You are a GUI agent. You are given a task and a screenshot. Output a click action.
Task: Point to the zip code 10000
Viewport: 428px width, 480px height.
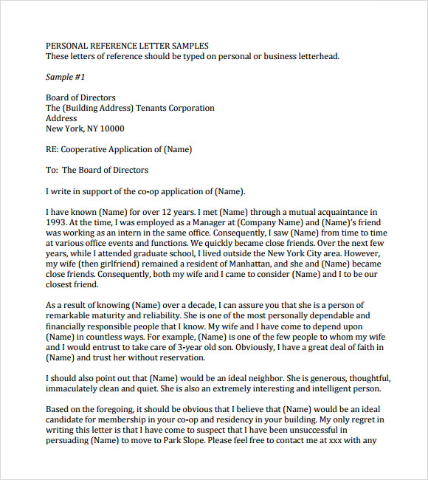pos(108,128)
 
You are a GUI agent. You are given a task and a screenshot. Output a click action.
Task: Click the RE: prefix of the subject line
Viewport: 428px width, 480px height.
pos(52,149)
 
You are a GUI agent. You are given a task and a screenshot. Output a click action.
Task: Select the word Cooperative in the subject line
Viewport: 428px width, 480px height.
pos(85,149)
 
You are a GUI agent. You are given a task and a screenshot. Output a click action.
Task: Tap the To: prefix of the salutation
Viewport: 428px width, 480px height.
pos(52,170)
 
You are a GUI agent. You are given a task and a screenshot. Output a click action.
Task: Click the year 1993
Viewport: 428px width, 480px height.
pos(56,222)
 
